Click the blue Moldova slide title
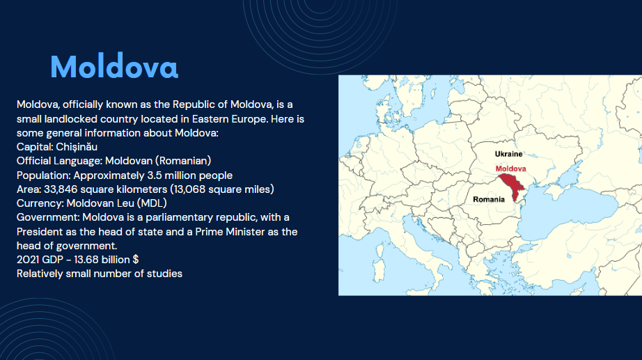coord(114,66)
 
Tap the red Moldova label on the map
coord(510,169)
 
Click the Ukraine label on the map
coord(508,154)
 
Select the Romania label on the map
coord(489,199)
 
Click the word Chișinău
coord(77,147)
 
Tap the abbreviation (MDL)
coord(152,203)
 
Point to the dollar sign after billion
coord(136,260)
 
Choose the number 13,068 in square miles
coord(189,189)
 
